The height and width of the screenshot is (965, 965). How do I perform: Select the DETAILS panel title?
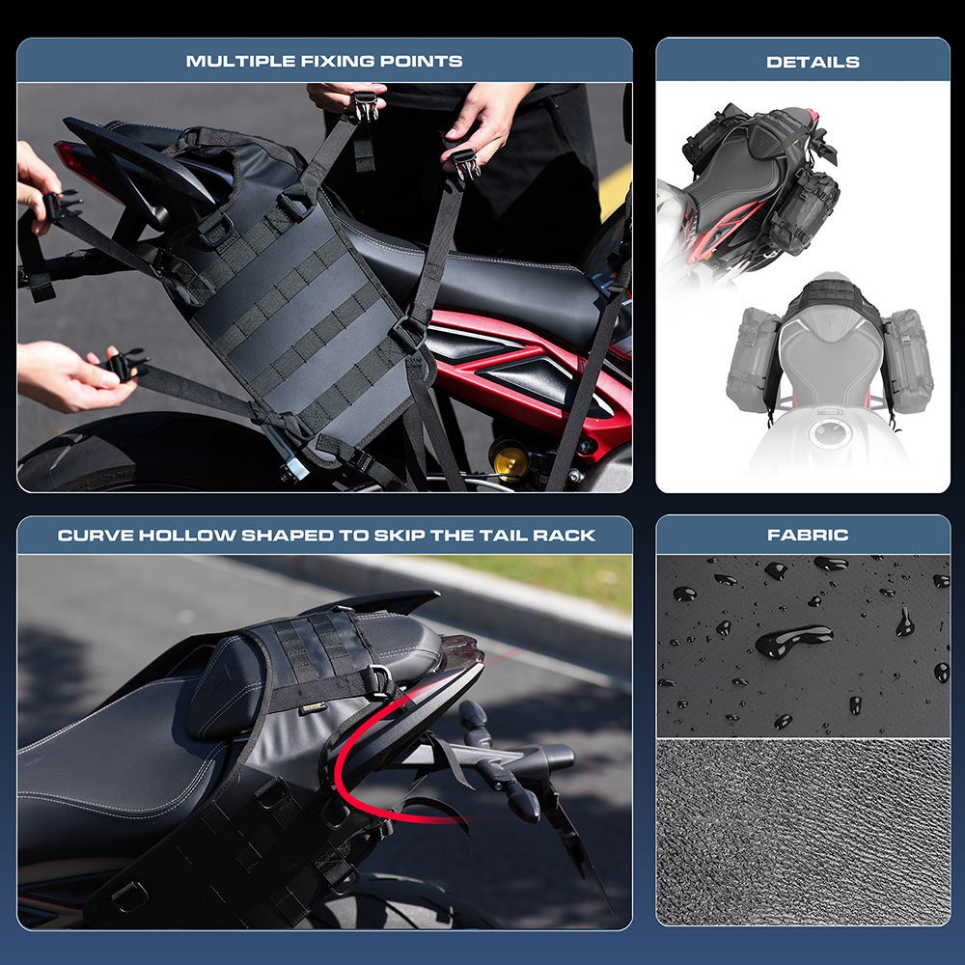tap(813, 62)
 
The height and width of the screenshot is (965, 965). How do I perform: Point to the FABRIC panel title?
tap(808, 535)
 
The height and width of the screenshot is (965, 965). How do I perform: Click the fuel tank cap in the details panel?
tap(831, 433)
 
